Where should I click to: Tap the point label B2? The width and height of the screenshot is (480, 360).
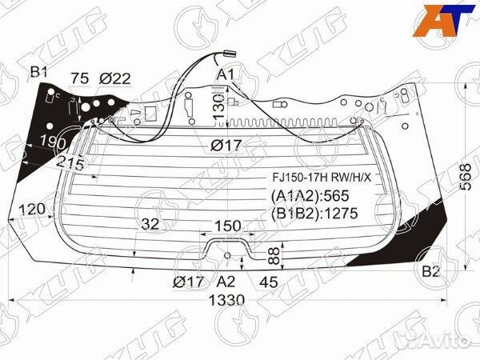431,271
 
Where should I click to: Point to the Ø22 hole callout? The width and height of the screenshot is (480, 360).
115,78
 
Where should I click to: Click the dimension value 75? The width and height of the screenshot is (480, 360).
79,78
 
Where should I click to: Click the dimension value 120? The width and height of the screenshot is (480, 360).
30,210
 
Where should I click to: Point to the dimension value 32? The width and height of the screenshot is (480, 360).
150,223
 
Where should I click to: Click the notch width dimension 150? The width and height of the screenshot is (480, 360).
228,226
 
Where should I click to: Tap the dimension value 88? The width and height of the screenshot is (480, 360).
272,256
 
